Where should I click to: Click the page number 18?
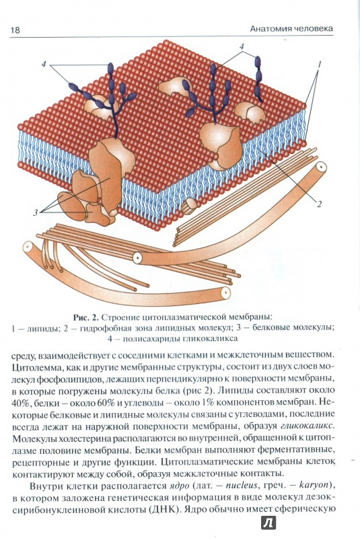(15, 30)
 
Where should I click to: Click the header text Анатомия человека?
(291, 28)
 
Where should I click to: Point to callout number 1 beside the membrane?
(319, 64)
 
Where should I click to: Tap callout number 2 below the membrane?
(319, 204)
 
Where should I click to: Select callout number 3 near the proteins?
(35, 213)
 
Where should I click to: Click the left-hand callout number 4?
(44, 64)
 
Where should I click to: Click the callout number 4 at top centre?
(242, 46)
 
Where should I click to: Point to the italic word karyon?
(314, 486)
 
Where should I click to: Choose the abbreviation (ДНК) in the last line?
(164, 509)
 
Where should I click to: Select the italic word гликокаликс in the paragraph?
(307, 426)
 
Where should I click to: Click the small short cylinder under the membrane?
(189, 206)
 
